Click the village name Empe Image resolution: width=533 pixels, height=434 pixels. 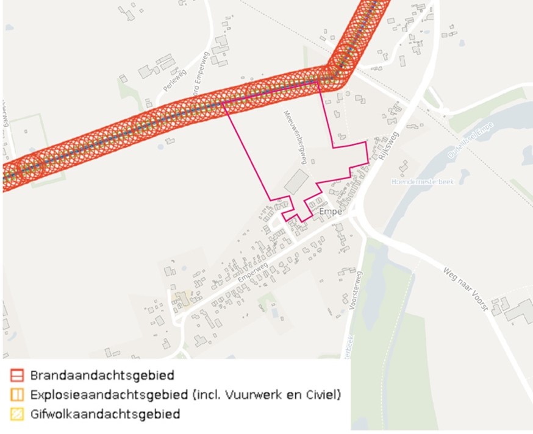tap(330, 212)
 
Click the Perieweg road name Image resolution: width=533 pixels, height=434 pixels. tap(174, 79)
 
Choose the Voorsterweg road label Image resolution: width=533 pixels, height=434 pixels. tap(358, 311)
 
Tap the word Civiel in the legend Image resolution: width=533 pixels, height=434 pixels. tap(321, 394)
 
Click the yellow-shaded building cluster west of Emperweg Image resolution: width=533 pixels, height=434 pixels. tap(182, 299)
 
